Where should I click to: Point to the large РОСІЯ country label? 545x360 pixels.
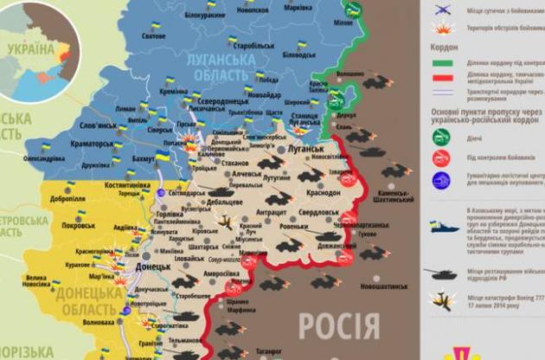pos(338,327)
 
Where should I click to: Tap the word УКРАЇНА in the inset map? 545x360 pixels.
pos(32,50)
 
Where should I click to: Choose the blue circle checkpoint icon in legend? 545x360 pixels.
pos(442,181)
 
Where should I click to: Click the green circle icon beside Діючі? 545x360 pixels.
pos(442,135)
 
